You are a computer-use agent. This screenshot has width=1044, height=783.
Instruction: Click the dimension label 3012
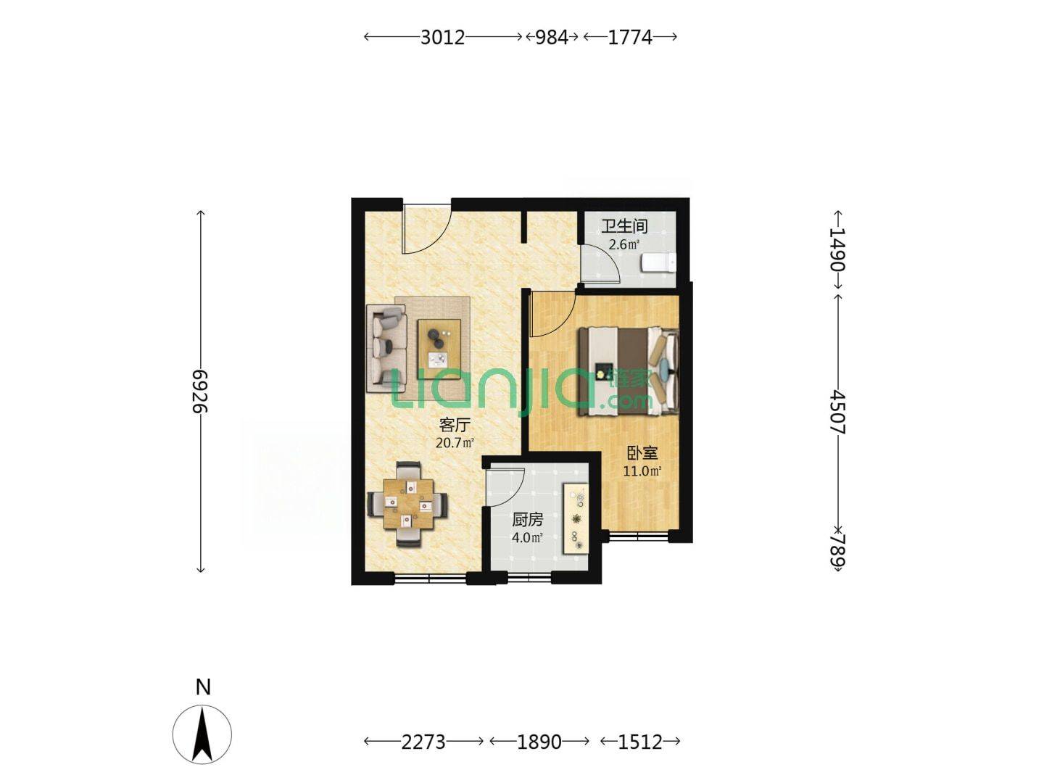[442, 37]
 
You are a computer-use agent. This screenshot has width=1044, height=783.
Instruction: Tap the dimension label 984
[552, 37]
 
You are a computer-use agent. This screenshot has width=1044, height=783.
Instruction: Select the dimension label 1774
[630, 37]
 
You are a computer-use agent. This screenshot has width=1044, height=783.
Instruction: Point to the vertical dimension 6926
[201, 391]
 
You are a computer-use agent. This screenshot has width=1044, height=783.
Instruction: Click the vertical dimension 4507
[837, 412]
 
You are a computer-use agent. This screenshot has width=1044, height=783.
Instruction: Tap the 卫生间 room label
[624, 226]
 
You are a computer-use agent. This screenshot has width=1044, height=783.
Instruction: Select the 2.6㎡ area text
[624, 245]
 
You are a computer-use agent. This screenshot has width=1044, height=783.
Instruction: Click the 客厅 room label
[455, 424]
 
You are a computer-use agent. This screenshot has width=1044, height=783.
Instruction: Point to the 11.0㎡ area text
[642, 471]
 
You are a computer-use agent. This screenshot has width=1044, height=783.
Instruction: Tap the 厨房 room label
[528, 520]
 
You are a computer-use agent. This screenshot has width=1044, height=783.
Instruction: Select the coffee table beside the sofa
[439, 349]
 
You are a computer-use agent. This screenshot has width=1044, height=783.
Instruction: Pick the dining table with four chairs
[409, 504]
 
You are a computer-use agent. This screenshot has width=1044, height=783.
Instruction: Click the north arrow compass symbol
[202, 734]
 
